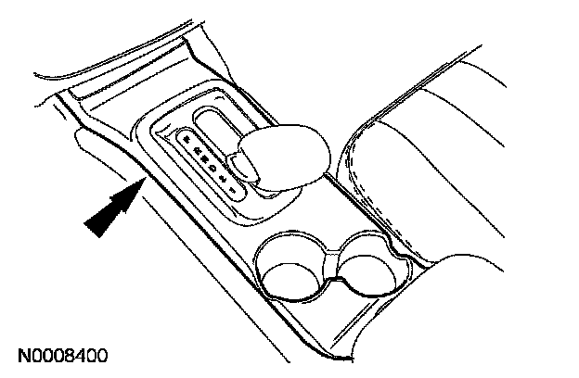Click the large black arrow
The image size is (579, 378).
pos(109,210)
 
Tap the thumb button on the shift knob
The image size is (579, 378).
pos(245,167)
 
